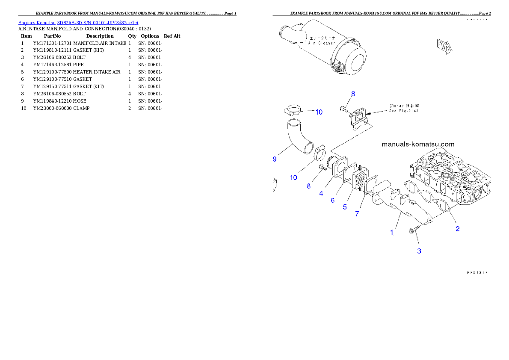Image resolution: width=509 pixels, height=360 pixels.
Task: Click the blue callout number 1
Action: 391,233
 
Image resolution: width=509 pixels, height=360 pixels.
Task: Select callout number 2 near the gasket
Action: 457,229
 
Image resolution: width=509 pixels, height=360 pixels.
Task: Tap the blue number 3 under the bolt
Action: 419,251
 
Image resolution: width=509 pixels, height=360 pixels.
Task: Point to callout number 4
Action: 321,193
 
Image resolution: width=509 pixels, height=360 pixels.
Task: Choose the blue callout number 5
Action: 344,207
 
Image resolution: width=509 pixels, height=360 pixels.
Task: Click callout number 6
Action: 332,200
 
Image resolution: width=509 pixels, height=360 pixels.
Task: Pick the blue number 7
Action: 357,214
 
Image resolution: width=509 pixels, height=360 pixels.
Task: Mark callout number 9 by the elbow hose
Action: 275,159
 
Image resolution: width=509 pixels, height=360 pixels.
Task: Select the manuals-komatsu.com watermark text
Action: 417,145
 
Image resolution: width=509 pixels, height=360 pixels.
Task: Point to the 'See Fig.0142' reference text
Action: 404,111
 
